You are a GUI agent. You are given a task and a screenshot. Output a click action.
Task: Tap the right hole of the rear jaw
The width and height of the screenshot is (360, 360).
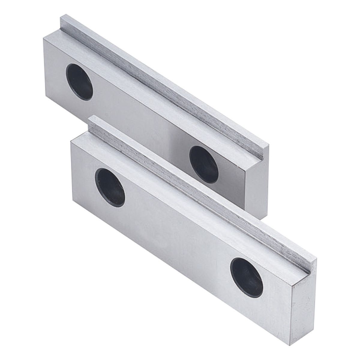tap(204, 164)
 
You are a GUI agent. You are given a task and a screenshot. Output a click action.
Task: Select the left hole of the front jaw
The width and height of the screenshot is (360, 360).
tap(110, 187)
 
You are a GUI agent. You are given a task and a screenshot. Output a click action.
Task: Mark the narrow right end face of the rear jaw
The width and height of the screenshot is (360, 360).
tap(256, 180)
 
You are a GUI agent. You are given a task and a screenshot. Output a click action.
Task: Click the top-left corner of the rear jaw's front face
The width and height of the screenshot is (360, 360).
tap(44, 37)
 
